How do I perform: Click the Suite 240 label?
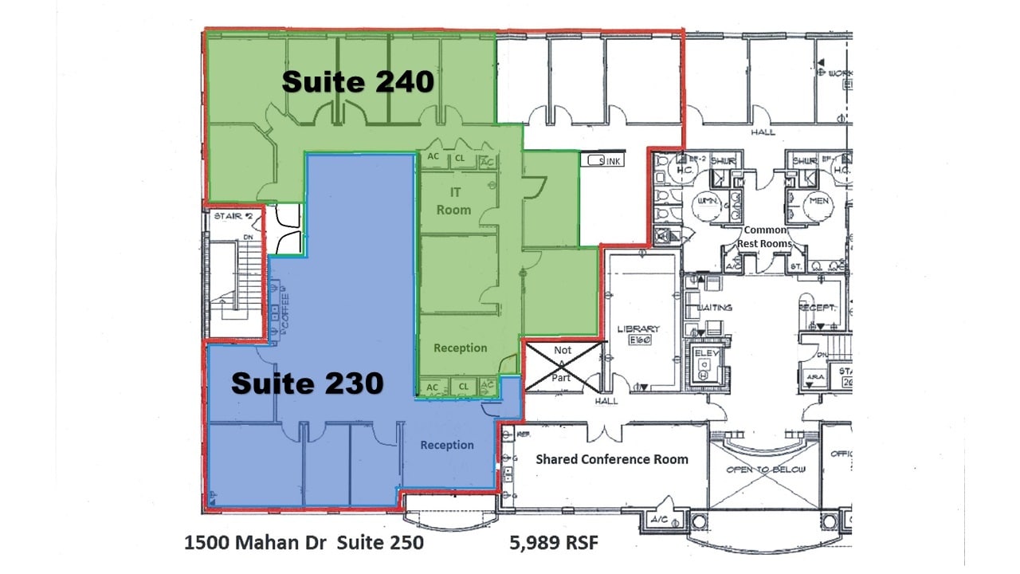click(x=358, y=82)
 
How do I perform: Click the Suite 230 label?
click(x=307, y=384)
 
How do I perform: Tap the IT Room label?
click(x=453, y=201)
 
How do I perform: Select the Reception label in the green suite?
click(x=460, y=348)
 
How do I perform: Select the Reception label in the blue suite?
click(x=447, y=445)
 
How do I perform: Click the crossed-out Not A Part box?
click(x=563, y=366)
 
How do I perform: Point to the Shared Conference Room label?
click(x=611, y=459)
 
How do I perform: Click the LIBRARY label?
click(x=638, y=329)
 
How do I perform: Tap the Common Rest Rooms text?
click(x=764, y=237)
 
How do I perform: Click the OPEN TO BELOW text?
click(x=765, y=470)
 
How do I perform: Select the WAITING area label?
click(x=714, y=307)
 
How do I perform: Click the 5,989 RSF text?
click(x=554, y=544)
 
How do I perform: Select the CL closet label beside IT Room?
click(x=460, y=159)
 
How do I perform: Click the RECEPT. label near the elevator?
click(x=816, y=307)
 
